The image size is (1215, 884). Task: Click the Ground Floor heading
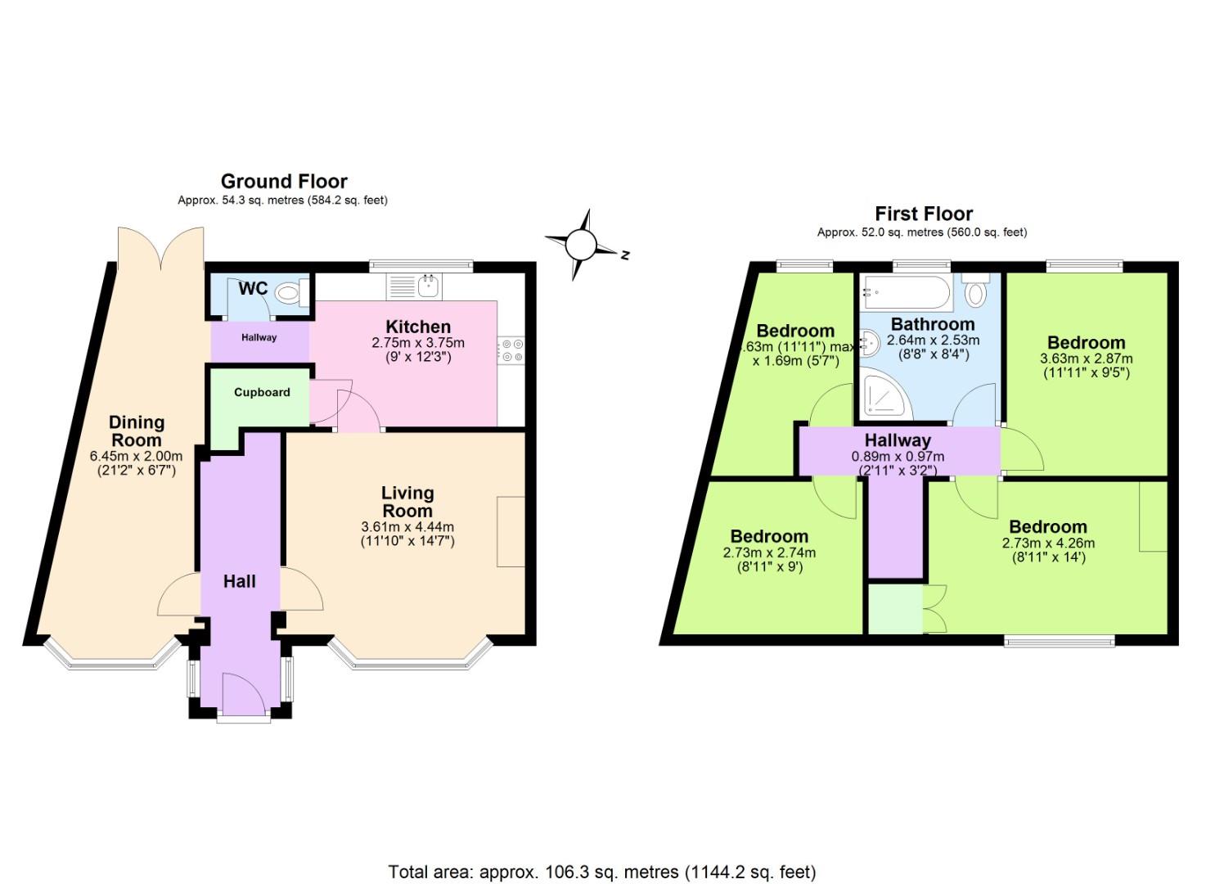click(x=284, y=182)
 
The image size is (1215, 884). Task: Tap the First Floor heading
click(x=924, y=214)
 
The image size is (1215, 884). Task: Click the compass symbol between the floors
click(x=582, y=244)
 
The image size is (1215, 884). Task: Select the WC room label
click(x=253, y=289)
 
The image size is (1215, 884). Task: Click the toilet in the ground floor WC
click(x=290, y=292)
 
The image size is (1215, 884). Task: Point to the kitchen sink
click(x=427, y=286)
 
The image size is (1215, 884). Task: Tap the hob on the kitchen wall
click(x=512, y=350)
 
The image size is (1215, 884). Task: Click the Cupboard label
click(x=262, y=392)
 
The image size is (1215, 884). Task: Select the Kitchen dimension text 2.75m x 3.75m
click(x=418, y=343)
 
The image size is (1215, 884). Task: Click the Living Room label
click(x=407, y=502)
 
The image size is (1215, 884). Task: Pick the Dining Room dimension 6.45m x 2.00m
click(x=137, y=456)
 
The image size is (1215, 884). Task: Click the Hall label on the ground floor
click(x=240, y=581)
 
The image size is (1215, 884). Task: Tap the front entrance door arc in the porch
click(x=243, y=692)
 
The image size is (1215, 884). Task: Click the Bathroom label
click(x=933, y=324)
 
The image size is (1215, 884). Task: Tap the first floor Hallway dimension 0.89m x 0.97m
click(x=898, y=457)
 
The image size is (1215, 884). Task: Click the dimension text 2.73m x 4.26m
click(x=1047, y=543)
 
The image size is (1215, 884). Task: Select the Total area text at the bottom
click(x=602, y=872)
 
